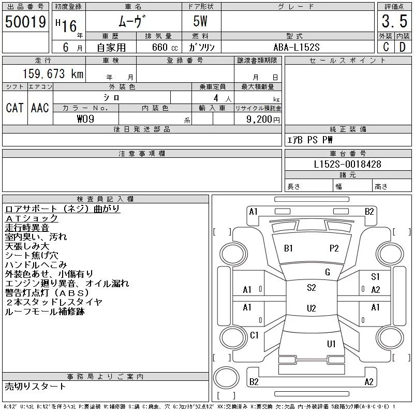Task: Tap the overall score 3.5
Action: tap(393, 21)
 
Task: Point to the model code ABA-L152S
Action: tap(297, 47)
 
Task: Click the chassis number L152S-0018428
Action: tap(348, 164)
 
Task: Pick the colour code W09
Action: tap(86, 119)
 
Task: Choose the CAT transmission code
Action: tap(15, 107)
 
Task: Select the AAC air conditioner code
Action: tap(40, 107)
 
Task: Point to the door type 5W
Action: tap(201, 21)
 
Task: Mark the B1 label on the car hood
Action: tap(289, 248)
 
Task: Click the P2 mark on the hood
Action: tap(334, 248)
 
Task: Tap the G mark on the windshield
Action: tap(327, 272)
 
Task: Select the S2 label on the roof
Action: tap(311, 288)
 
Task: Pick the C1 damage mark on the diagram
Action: tap(254, 335)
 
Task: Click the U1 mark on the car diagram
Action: tap(331, 344)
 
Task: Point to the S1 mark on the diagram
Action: tap(375, 277)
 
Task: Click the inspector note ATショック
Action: tap(32, 218)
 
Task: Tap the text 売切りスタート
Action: tap(35, 386)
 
